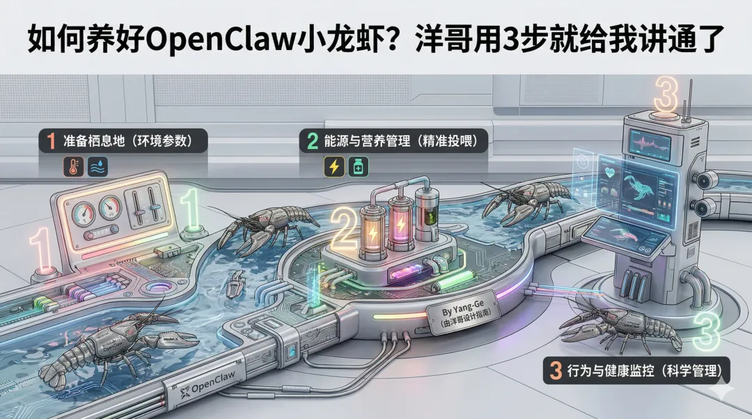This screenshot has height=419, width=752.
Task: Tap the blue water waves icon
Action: (97, 166)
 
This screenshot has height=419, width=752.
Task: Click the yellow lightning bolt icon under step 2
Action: (334, 166)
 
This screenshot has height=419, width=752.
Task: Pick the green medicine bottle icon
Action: (359, 166)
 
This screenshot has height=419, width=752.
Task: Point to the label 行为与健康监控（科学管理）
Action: (635, 370)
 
